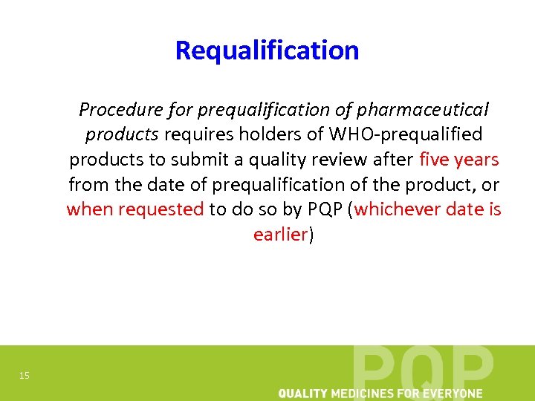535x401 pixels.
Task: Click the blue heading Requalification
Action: coord(267,50)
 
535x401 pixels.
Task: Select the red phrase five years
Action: coord(459,160)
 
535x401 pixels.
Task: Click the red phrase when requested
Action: coord(135,209)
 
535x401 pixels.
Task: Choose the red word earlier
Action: coord(280,235)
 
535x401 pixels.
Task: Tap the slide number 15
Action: coord(25,376)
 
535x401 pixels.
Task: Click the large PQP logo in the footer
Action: coord(423,368)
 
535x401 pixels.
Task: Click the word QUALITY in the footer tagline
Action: coord(305,393)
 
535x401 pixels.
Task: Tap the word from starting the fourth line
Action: coord(88,184)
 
